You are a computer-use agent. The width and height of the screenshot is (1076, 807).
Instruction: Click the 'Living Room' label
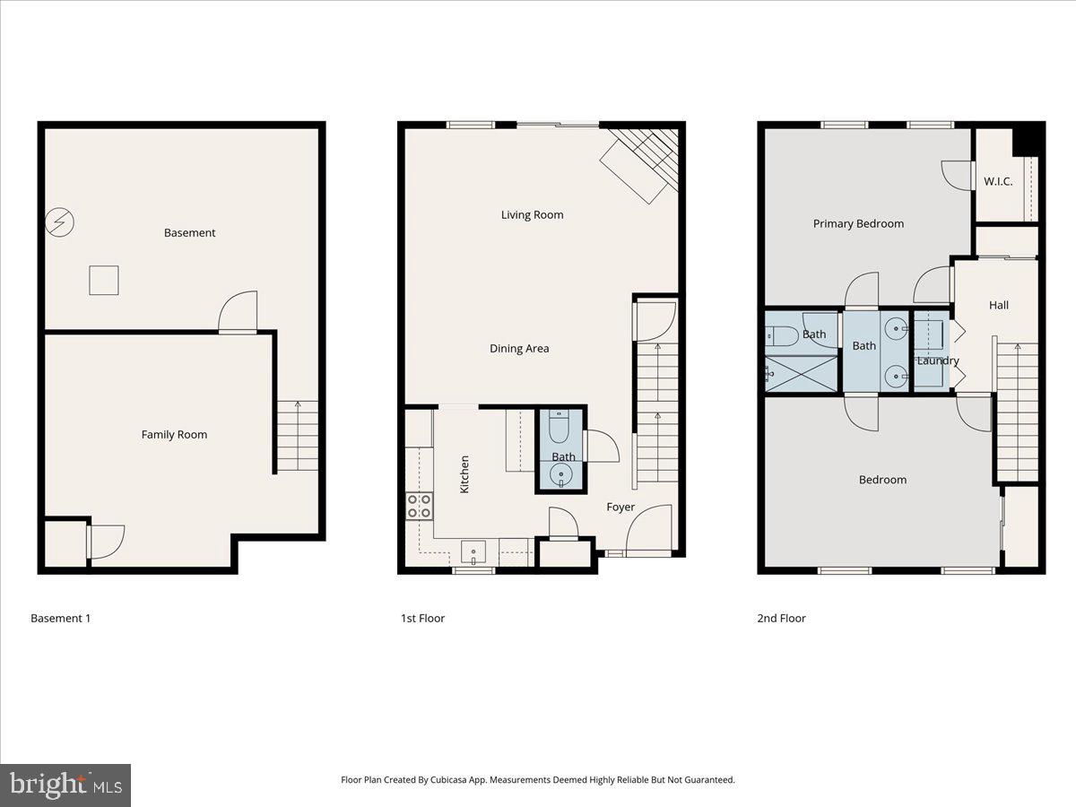point(532,215)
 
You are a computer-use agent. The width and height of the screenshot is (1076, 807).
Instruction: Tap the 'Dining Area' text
point(518,349)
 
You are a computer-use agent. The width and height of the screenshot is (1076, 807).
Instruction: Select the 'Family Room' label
point(174,435)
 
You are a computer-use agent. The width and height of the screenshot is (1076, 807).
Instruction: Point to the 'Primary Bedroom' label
point(858,224)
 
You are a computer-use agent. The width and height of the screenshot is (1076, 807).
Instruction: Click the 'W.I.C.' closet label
point(998,182)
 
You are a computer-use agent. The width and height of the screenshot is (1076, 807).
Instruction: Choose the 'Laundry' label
point(938,361)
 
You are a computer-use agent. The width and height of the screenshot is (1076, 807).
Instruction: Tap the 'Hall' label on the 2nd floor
point(999,306)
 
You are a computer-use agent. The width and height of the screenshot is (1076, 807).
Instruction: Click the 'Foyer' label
point(620,508)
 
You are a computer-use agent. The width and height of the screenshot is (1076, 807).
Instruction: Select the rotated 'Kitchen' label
point(464,473)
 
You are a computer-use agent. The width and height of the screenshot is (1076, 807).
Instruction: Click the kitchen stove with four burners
point(420,506)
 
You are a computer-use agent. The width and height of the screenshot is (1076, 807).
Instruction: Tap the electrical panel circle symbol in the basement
point(60,221)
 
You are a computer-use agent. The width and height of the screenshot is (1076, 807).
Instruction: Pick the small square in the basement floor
point(104,281)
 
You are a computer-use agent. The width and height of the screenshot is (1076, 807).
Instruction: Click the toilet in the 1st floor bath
point(559,427)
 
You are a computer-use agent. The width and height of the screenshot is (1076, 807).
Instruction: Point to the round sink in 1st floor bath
point(561,474)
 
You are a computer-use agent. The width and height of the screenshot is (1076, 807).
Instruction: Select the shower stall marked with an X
point(801,374)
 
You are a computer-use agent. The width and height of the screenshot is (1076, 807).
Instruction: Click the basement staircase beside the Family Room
point(297,436)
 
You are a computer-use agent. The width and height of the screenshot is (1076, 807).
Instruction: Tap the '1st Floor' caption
point(422,619)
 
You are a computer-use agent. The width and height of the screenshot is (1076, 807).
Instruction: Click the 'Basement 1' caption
point(60,619)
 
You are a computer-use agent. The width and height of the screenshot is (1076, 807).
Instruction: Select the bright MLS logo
point(65,785)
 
